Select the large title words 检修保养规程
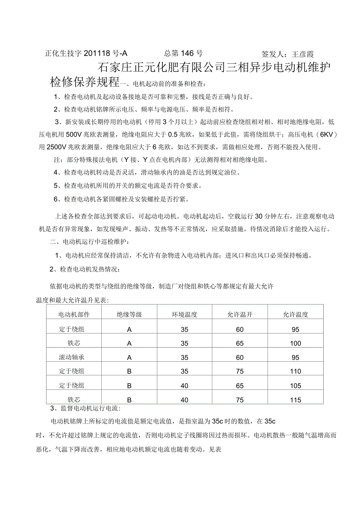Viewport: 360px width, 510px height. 85,82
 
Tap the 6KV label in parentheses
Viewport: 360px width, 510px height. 328,135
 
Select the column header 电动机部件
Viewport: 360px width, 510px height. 74,314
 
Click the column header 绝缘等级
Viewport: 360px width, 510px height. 129,314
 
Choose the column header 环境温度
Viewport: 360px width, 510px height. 184,314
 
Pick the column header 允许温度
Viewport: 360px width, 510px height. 296,314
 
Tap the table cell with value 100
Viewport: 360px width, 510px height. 296,344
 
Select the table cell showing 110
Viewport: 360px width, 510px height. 296,371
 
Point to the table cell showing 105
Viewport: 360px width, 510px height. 296,386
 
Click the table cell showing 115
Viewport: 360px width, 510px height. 296,400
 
